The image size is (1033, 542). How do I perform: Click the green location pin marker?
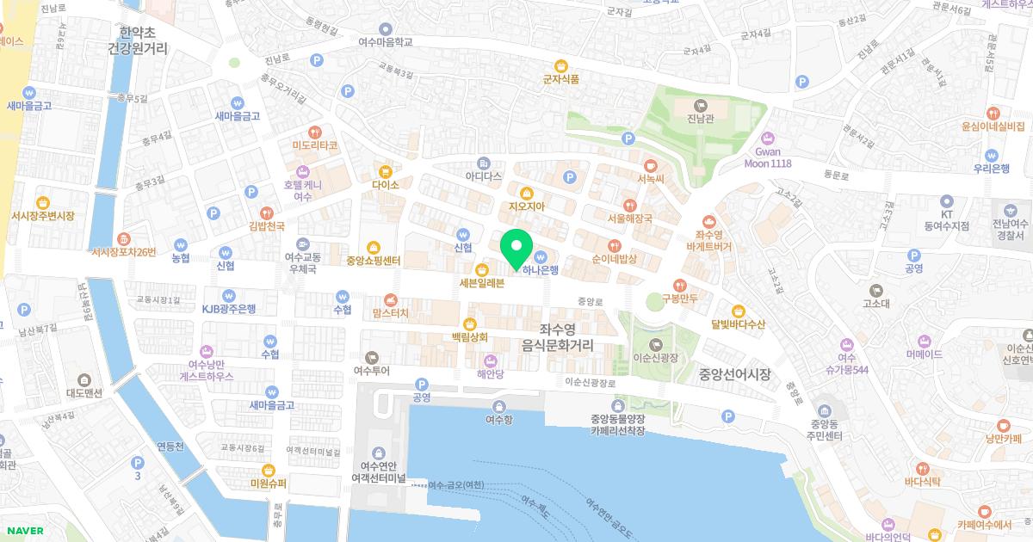coord(516,249)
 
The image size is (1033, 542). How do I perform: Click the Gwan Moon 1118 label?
coord(767,157)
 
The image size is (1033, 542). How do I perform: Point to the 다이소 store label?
coord(386,185)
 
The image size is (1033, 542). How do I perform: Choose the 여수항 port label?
coord(498,420)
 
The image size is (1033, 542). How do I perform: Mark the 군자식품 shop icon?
coord(561,65)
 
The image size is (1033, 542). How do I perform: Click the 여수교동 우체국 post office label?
coord(302,262)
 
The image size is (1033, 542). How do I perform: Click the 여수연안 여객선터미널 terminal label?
coord(379,471)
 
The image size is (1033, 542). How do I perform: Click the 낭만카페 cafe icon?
coord(1003,425)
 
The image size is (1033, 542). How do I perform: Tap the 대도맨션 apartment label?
coord(84,393)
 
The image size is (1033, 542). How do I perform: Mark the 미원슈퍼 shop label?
coord(268,483)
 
